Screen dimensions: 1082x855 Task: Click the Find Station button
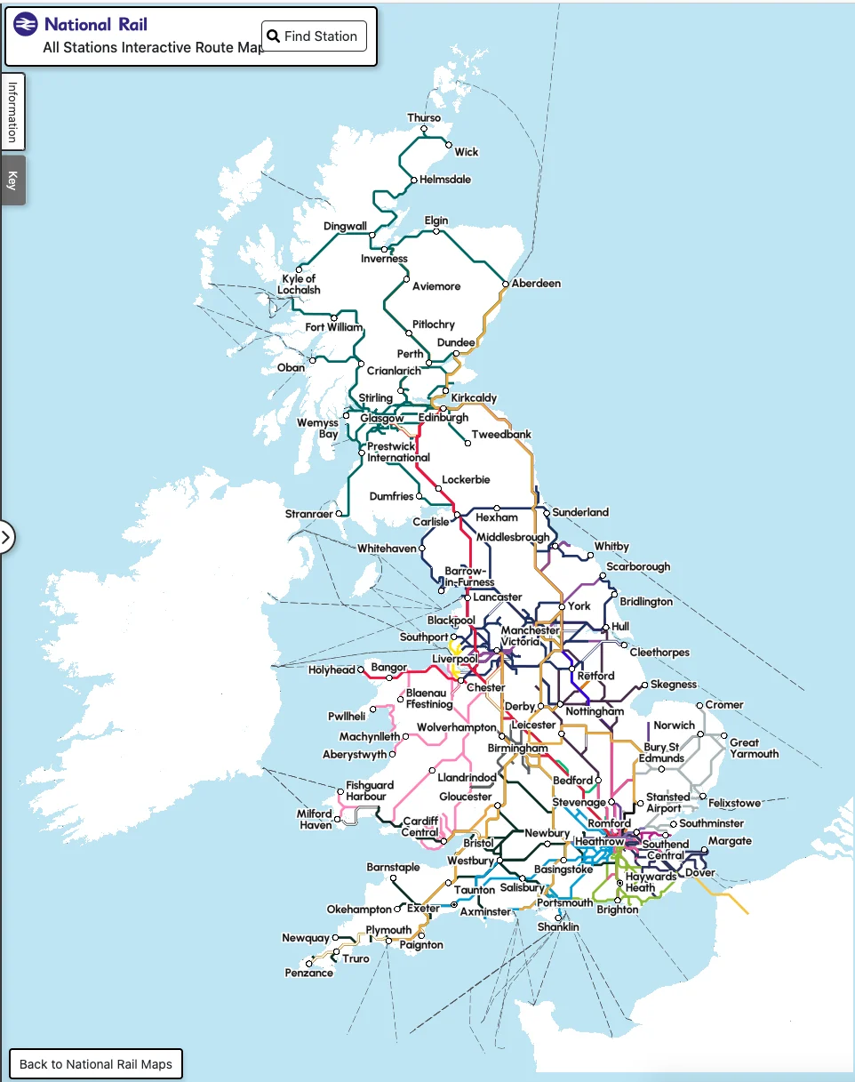pos(314,36)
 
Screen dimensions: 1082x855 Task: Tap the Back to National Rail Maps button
pos(96,1063)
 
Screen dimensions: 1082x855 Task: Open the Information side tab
pos(12,112)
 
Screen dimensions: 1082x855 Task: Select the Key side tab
pos(12,180)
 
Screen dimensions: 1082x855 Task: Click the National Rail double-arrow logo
pos(27,24)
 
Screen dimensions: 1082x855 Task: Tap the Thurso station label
pos(424,118)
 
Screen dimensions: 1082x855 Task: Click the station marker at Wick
pos(449,145)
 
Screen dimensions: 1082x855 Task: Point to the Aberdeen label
pos(536,284)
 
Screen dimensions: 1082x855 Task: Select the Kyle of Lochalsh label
pos(299,285)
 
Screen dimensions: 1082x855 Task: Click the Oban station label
pos(291,367)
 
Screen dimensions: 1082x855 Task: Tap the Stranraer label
pos(308,515)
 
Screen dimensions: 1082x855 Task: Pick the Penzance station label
pos(308,973)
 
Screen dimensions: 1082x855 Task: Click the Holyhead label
pos(332,670)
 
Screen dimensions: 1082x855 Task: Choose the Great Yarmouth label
pos(754,748)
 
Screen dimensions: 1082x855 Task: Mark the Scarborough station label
pos(638,567)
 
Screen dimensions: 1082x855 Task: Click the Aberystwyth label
pos(355,755)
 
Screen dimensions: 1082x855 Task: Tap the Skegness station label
pos(674,685)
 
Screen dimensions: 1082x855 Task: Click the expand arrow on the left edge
pos(6,537)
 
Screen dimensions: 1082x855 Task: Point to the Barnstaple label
pos(393,867)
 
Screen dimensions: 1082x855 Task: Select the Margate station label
pos(730,841)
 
